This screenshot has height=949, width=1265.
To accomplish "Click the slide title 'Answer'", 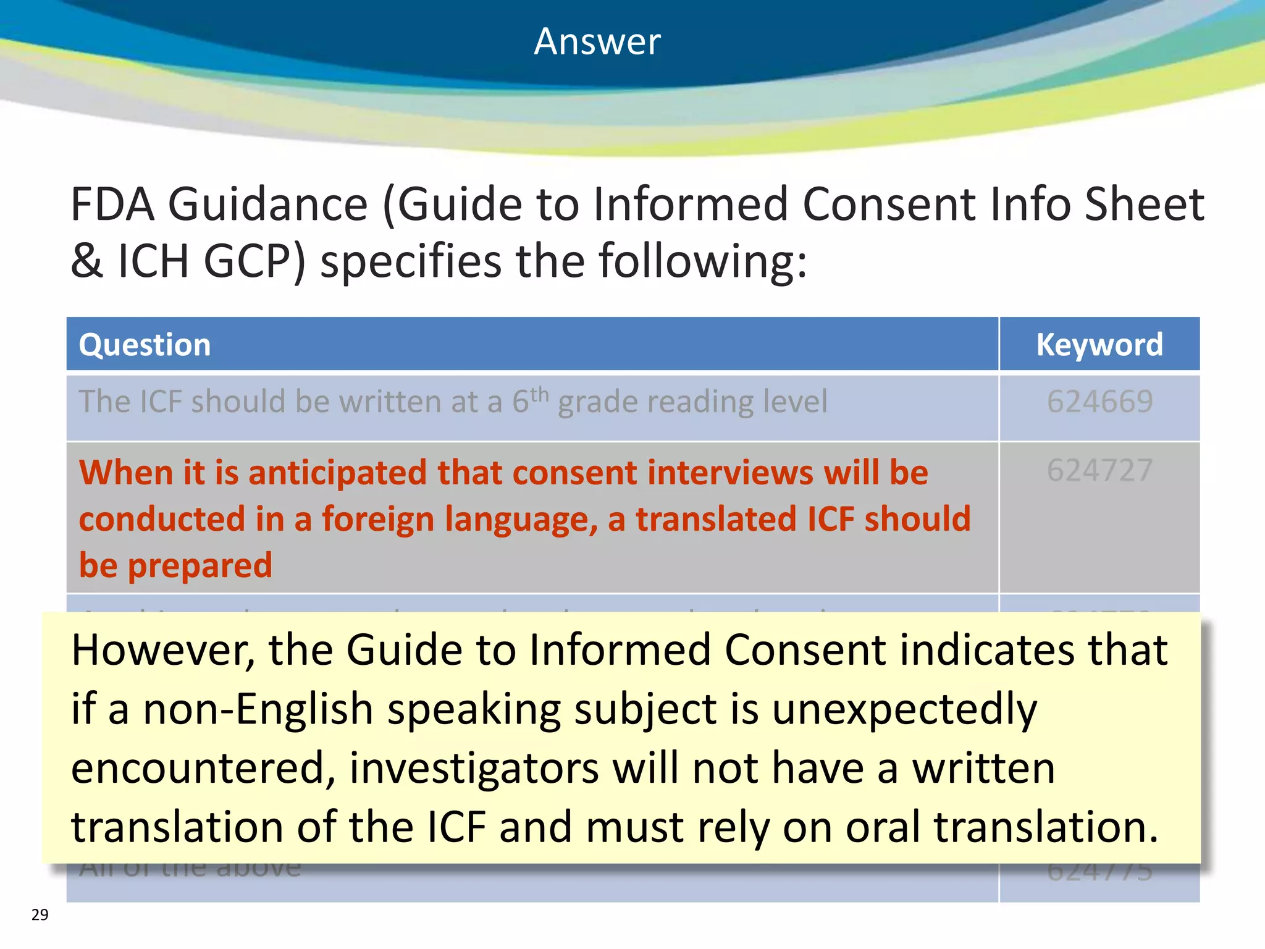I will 597,42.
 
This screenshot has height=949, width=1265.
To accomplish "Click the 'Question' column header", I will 145,345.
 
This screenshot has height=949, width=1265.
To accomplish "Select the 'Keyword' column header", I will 1099,345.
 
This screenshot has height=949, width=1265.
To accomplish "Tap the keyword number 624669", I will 1099,402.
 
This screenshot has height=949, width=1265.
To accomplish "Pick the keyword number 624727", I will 1099,471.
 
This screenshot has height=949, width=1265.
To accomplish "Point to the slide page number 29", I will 40,914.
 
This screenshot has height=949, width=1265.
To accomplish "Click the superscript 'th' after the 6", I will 539,394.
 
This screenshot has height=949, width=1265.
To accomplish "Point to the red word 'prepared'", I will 200,565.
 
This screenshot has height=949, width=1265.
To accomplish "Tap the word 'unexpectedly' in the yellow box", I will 904,709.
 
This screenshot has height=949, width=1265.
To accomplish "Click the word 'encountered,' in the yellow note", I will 203,769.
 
